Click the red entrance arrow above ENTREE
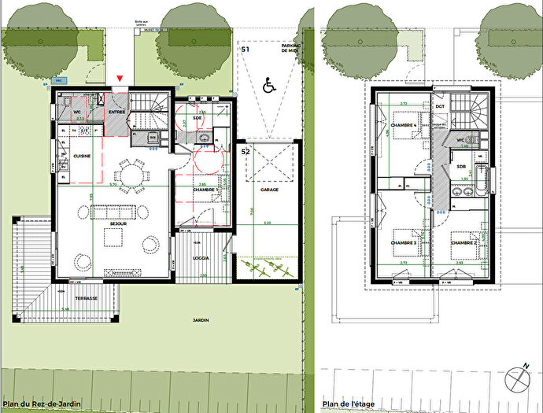click(120, 78)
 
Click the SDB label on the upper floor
click(460, 167)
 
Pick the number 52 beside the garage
click(246, 150)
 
